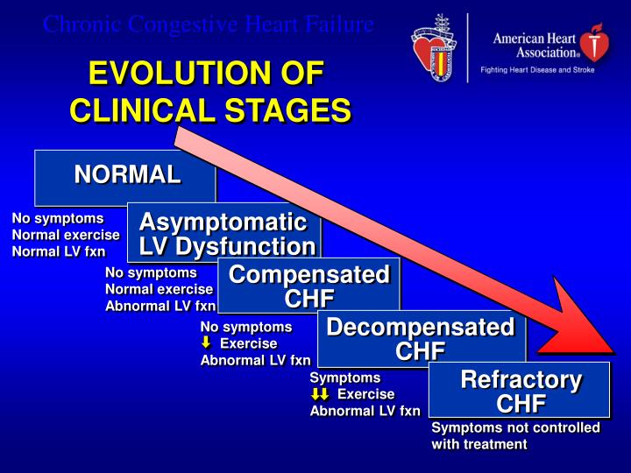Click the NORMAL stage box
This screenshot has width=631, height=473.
click(x=125, y=176)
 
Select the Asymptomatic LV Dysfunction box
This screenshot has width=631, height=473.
click(x=225, y=233)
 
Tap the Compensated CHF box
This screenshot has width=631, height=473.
click(x=308, y=286)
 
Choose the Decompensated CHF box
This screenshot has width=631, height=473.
click(x=421, y=338)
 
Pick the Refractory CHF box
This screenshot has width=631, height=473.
click(x=520, y=391)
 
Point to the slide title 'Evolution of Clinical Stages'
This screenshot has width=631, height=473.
click(x=209, y=92)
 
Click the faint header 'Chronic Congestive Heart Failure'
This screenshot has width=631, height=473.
click(x=209, y=25)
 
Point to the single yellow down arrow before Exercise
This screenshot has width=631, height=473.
click(x=207, y=343)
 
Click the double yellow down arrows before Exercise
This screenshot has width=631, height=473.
click(x=320, y=394)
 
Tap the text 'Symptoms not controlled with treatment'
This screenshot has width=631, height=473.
click(x=515, y=435)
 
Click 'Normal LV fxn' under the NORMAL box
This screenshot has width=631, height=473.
click(x=58, y=251)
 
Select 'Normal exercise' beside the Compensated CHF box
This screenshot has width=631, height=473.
click(x=159, y=289)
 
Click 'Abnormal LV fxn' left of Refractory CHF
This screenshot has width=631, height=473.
click(x=365, y=411)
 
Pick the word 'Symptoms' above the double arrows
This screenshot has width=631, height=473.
click(x=345, y=378)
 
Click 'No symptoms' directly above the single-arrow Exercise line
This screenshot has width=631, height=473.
click(x=245, y=327)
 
